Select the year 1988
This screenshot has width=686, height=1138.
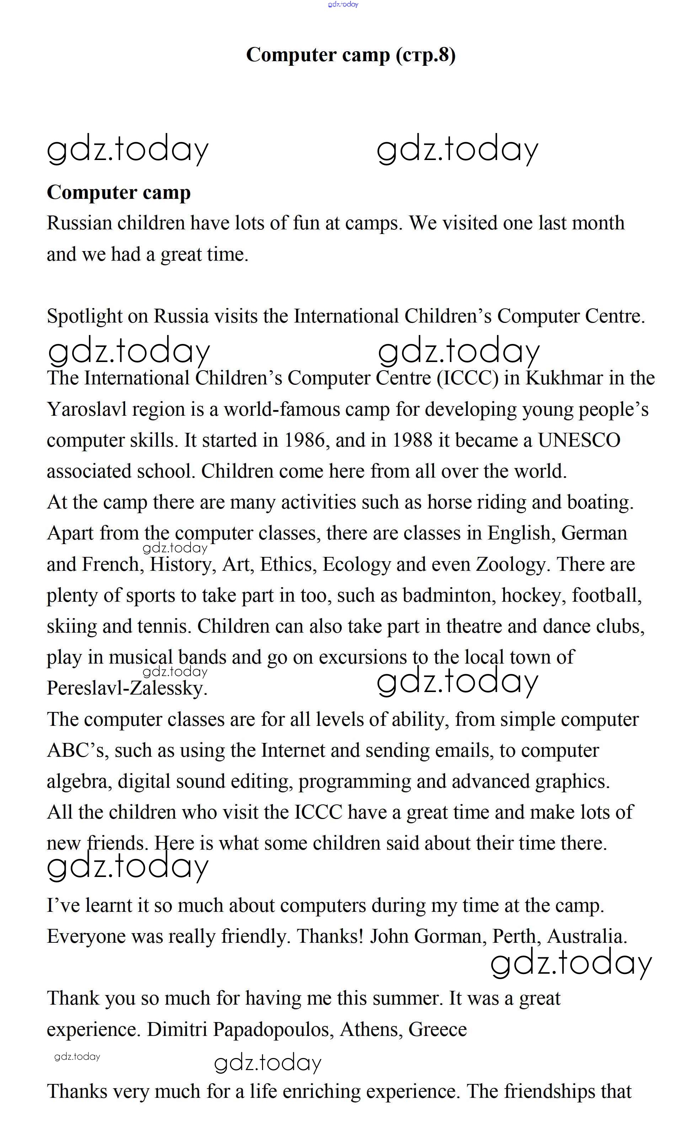tap(412, 440)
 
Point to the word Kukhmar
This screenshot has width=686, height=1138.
tap(564, 378)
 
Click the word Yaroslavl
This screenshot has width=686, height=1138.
tap(86, 409)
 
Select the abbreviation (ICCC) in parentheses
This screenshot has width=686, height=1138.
tap(468, 378)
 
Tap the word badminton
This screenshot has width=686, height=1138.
tap(449, 595)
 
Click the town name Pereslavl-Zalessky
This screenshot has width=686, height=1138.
tap(127, 688)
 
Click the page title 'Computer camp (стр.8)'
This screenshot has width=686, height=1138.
tap(351, 55)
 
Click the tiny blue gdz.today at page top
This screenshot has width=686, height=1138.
tap(343, 5)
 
